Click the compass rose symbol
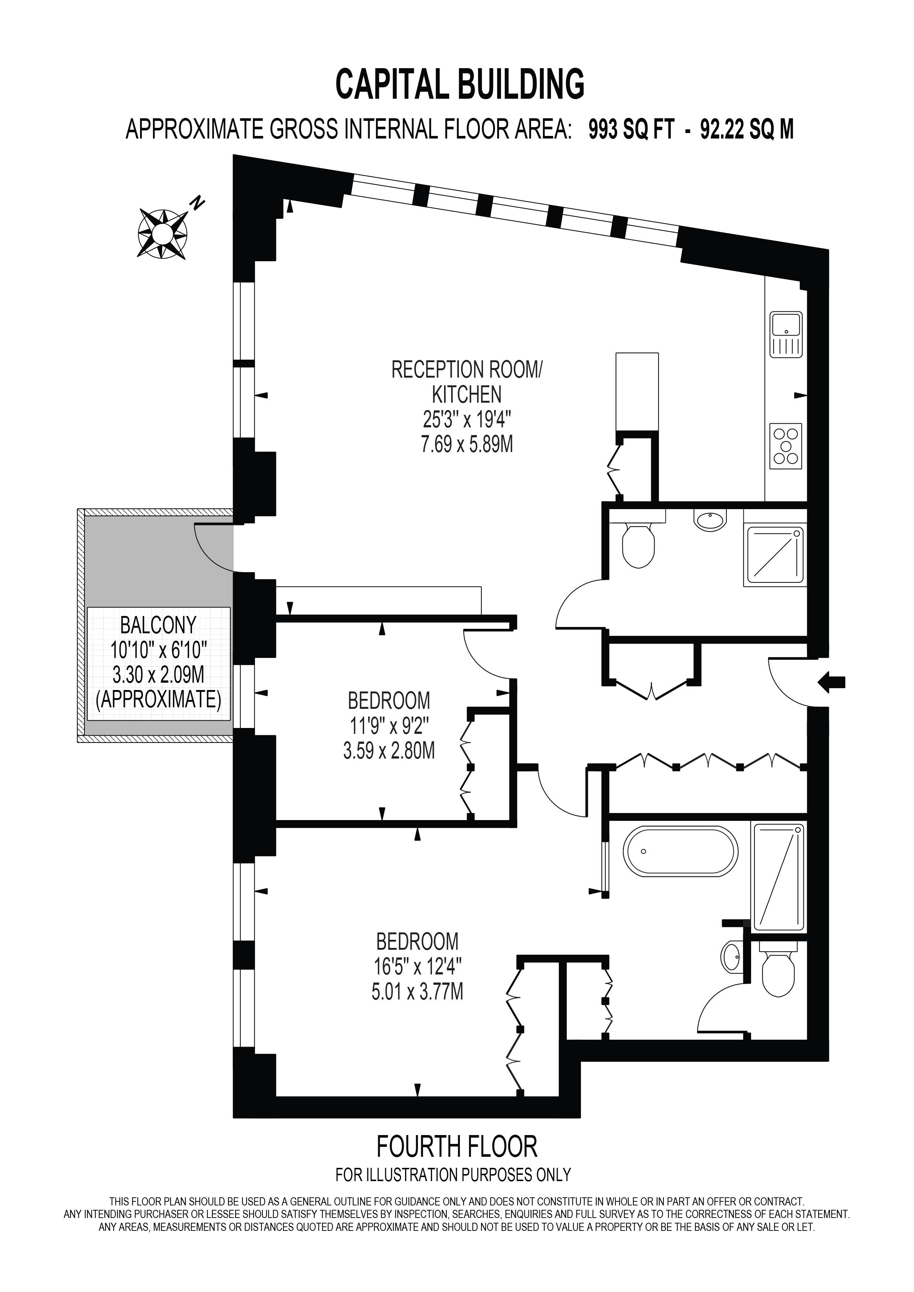coord(163,233)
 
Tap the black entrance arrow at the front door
coord(831,683)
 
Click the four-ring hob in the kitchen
coord(786,446)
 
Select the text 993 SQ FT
coord(631,129)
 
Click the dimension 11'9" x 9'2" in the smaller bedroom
coord(390,726)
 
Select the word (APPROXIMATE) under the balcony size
coord(158,700)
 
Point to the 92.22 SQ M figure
coord(747,129)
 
